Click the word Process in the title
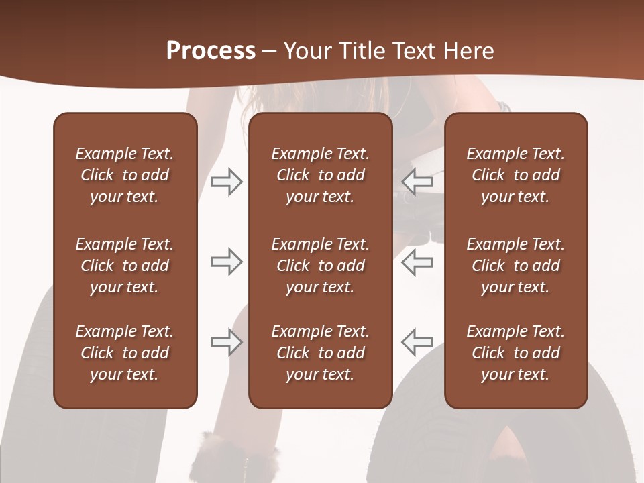[211, 51]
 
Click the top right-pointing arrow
[226, 182]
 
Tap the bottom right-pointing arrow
[226, 342]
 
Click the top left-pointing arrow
[417, 182]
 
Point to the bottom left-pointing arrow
[417, 342]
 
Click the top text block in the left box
[125, 175]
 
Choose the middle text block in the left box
[125, 266]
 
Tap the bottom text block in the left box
[125, 353]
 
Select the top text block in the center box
[321, 175]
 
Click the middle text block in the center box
[321, 266]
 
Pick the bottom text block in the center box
[321, 353]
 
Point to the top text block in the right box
[516, 175]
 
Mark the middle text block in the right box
[516, 266]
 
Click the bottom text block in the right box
[516, 353]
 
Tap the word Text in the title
[415, 51]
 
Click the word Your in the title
[306, 51]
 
